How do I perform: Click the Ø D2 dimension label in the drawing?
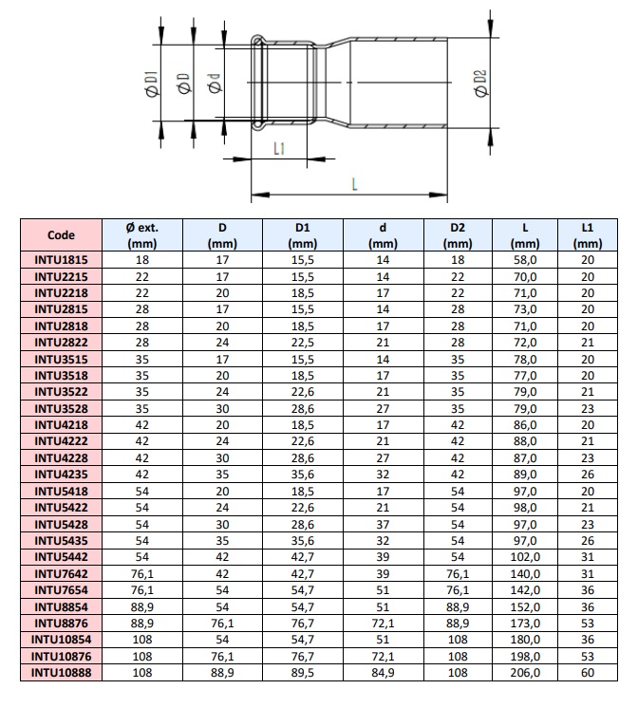480,83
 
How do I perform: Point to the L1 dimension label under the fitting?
279,148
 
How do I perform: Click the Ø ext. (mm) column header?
141,234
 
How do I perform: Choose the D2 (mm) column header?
458,234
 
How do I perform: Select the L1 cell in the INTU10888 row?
587,673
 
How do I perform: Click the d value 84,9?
383,673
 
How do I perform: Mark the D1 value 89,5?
303,673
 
